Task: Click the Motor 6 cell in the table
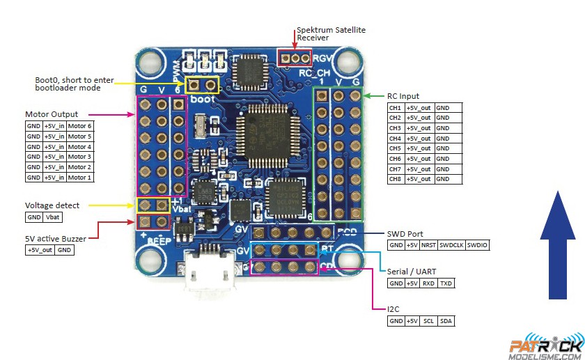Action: tap(80, 126)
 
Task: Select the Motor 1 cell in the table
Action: tap(80, 178)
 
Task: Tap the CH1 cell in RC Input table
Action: tap(396, 108)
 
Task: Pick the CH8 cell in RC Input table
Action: tap(396, 180)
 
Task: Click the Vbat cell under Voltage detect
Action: tap(54, 217)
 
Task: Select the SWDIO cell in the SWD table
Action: tap(477, 245)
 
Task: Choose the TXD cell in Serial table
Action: tap(446, 283)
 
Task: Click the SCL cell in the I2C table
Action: tap(428, 321)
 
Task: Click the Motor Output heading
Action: tap(52, 114)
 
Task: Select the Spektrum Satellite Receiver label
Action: tap(331, 34)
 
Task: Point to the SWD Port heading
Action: tap(405, 234)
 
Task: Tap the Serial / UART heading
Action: tap(414, 272)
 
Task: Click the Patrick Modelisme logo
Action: tap(545, 347)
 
